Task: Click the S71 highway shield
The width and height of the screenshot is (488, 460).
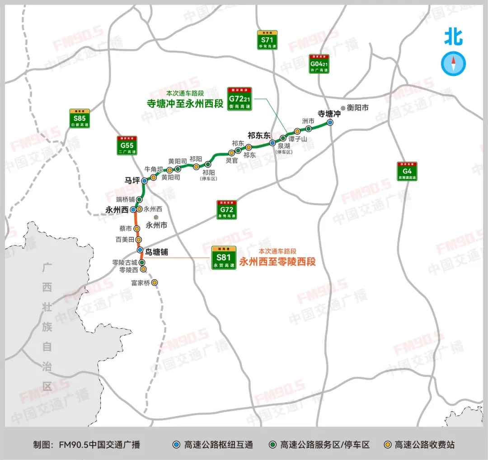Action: pyautogui.click(x=268, y=40)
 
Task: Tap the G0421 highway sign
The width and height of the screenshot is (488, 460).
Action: pyautogui.click(x=319, y=64)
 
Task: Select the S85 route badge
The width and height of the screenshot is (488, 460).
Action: pyautogui.click(x=80, y=118)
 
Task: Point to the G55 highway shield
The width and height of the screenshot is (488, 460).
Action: pyautogui.click(x=127, y=145)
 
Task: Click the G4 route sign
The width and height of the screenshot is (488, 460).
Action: pyautogui.click(x=407, y=171)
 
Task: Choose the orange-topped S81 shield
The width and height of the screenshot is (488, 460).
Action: pyautogui.click(x=224, y=258)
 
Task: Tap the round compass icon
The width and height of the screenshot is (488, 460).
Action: pyautogui.click(x=453, y=63)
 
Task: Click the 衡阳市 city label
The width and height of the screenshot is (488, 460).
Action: pyautogui.click(x=358, y=108)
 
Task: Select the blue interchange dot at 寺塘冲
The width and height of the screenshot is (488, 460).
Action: pyautogui.click(x=330, y=122)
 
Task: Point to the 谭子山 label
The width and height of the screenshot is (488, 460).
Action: pyautogui.click(x=297, y=139)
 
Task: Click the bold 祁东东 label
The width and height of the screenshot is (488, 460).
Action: pyautogui.click(x=258, y=135)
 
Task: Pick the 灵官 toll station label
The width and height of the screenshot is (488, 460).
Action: pyautogui.click(x=232, y=160)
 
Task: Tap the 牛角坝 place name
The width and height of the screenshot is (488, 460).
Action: pyautogui.click(x=153, y=169)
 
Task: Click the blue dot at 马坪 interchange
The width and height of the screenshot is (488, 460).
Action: pyautogui.click(x=144, y=180)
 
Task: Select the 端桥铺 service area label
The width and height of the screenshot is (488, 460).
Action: pyautogui.click(x=125, y=199)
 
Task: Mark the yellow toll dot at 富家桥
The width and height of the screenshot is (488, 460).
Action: pyautogui.click(x=155, y=282)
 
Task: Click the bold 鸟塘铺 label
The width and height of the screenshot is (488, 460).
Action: pyautogui.click(x=156, y=252)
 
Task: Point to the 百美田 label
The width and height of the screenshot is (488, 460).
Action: pyautogui.click(x=125, y=239)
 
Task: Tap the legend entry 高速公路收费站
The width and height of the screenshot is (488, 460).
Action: pyautogui.click(x=424, y=445)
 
